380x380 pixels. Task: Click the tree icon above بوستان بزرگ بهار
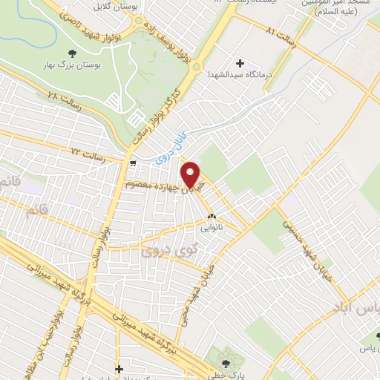(72, 52)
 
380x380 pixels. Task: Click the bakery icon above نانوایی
(212, 217)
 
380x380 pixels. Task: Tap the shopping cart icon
(133, 163)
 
